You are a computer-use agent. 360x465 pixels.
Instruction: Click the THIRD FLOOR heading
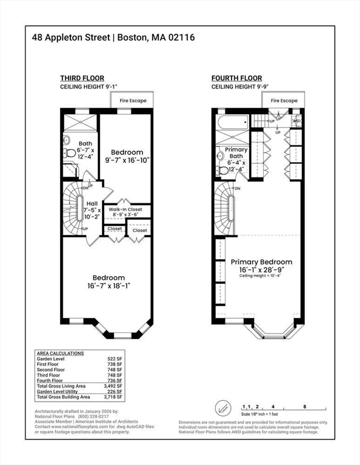[82, 78]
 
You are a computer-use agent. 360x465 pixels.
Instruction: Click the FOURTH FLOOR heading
[236, 78]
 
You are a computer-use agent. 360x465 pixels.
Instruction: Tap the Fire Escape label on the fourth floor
[284, 100]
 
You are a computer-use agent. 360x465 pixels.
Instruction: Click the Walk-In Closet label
[126, 208]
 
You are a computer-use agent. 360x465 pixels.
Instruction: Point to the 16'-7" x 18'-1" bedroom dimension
[109, 285]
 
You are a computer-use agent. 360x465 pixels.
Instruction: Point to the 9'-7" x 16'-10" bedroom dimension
[127, 160]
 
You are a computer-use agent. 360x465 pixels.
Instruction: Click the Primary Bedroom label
[261, 262]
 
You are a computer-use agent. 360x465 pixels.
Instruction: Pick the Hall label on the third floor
[92, 204]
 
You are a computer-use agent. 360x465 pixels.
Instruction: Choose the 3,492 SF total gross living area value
[112, 386]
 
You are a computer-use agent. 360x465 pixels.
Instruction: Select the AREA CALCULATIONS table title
[60, 353]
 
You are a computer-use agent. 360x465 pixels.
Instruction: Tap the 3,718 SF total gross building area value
[112, 397]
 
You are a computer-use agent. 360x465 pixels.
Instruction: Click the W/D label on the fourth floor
[296, 120]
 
